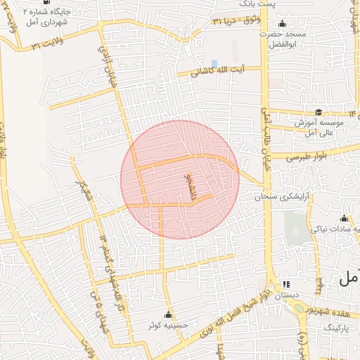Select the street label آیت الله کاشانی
[224, 70]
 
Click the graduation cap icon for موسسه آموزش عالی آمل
[319, 112]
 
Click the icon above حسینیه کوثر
[168, 314]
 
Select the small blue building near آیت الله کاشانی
[214, 63]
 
